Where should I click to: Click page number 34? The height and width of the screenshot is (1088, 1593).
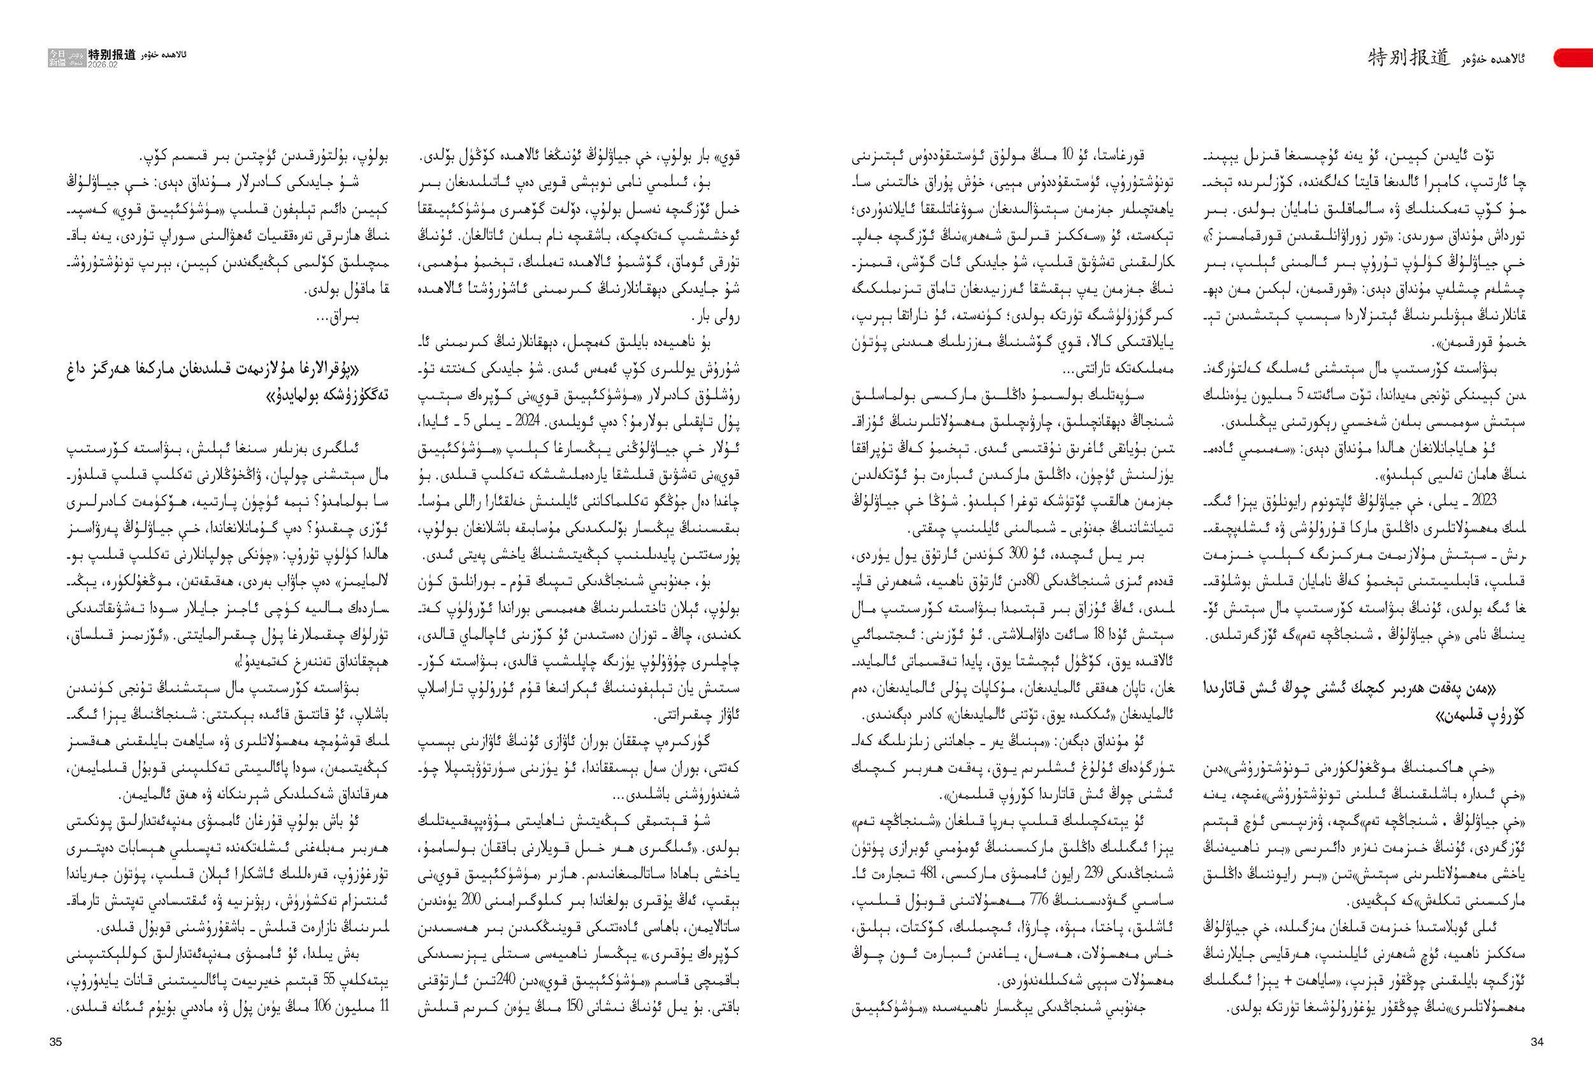pyautogui.click(x=1537, y=1042)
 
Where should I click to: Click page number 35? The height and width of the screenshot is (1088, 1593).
pyautogui.click(x=55, y=1042)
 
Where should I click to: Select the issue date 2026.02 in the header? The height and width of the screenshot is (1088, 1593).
pyautogui.click(x=102, y=64)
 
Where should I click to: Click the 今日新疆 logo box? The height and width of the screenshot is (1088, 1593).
pyautogui.click(x=57, y=57)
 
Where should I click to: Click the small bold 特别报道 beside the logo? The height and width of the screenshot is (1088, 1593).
pyautogui.click(x=112, y=55)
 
